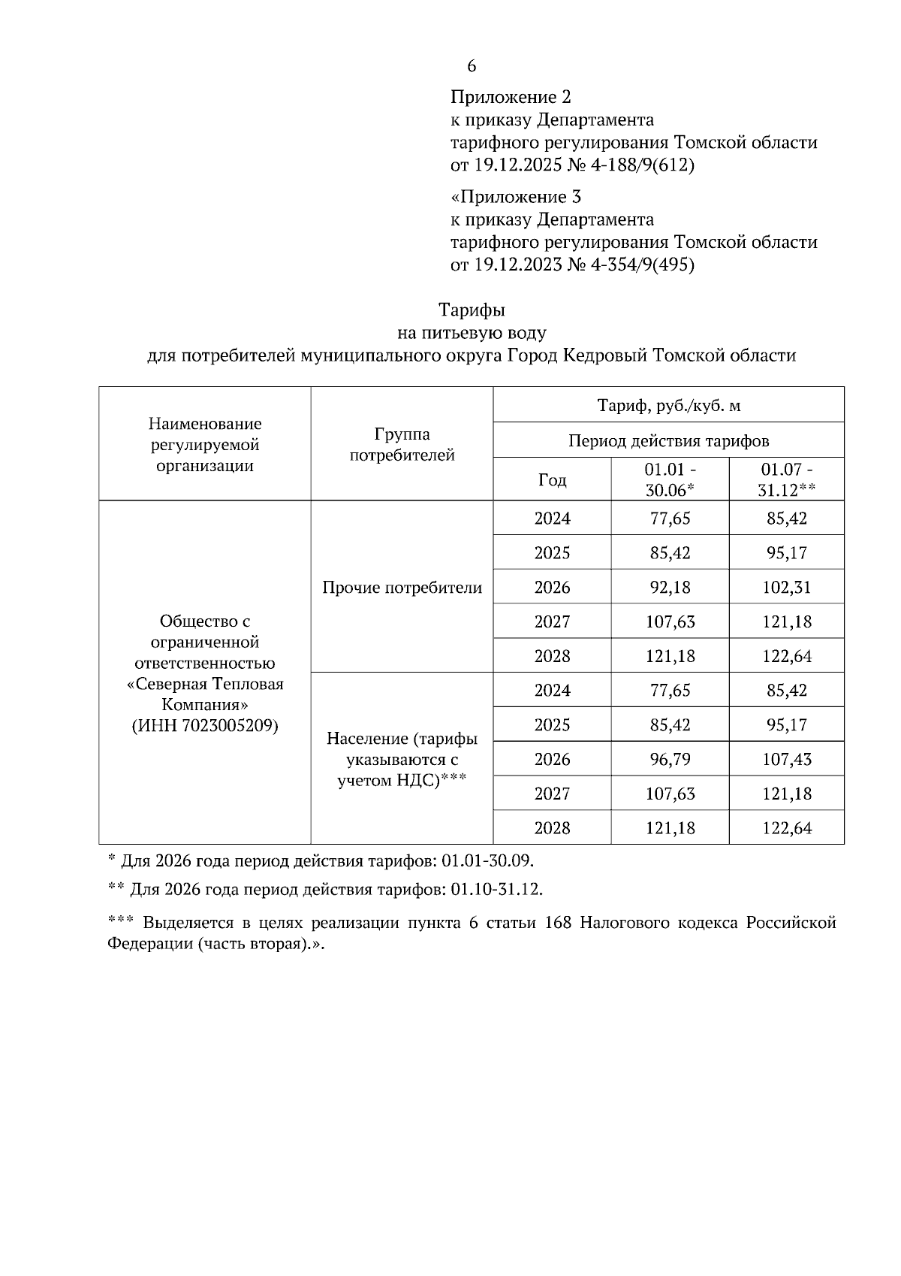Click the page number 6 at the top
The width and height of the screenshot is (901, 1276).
[472, 66]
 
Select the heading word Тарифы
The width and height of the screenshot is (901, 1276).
[472, 310]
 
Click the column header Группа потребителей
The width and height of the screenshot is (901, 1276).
[402, 444]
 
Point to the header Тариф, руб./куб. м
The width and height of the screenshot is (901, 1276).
[668, 406]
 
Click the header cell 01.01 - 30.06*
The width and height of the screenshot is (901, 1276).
[670, 479]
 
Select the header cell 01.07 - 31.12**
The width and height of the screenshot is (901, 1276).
[786, 479]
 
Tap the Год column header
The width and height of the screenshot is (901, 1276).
[552, 479]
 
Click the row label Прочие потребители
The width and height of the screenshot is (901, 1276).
[402, 588]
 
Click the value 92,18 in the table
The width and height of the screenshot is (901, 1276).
[670, 588]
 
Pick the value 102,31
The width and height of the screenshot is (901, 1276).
[786, 588]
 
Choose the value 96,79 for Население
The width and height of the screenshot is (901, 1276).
[670, 760]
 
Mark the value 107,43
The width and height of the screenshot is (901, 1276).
[786, 760]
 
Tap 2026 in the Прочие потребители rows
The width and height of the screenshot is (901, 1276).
[552, 588]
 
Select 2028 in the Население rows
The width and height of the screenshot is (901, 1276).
[552, 828]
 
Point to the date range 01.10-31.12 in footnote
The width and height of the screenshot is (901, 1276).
[495, 890]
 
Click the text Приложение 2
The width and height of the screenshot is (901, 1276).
[511, 97]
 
